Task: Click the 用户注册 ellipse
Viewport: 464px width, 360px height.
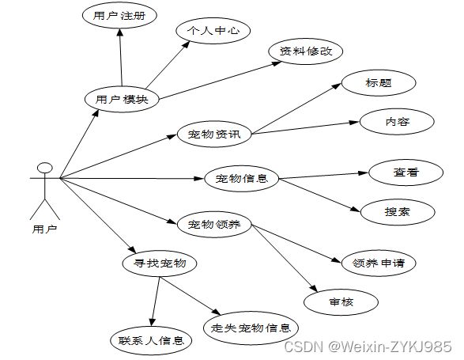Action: pyautogui.click(x=119, y=15)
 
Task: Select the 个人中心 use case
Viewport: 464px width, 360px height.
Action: pyautogui.click(x=213, y=31)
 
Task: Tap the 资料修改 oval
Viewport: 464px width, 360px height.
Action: pyautogui.click(x=306, y=51)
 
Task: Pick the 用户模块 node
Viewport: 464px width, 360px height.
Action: pyautogui.click(x=122, y=99)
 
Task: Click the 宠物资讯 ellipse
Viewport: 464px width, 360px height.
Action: pyautogui.click(x=214, y=134)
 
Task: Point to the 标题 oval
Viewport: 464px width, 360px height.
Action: pyautogui.click(x=379, y=83)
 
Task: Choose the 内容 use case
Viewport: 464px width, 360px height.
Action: pyautogui.click(x=397, y=122)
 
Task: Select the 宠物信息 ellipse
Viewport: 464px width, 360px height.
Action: pyautogui.click(x=241, y=178)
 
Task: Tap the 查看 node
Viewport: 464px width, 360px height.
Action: pyautogui.click(x=406, y=172)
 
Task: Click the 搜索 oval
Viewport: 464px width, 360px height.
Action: pyautogui.click(x=398, y=212)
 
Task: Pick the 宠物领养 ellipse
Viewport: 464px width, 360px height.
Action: pyautogui.click(x=214, y=224)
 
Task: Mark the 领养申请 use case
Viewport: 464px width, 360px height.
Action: pyautogui.click(x=379, y=263)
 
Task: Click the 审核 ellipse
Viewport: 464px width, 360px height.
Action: pyautogui.click(x=341, y=302)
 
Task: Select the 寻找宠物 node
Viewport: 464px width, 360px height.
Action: pyautogui.click(x=160, y=263)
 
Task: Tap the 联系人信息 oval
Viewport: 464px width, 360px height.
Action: pyautogui.click(x=151, y=341)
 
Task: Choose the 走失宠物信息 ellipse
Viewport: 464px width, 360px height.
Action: pyautogui.click(x=251, y=328)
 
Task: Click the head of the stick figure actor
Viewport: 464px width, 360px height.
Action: pyautogui.click(x=45, y=168)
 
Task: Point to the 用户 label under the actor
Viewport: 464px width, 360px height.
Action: pyautogui.click(x=44, y=229)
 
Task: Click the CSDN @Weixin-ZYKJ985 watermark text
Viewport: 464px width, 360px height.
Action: pyautogui.click(x=368, y=346)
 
